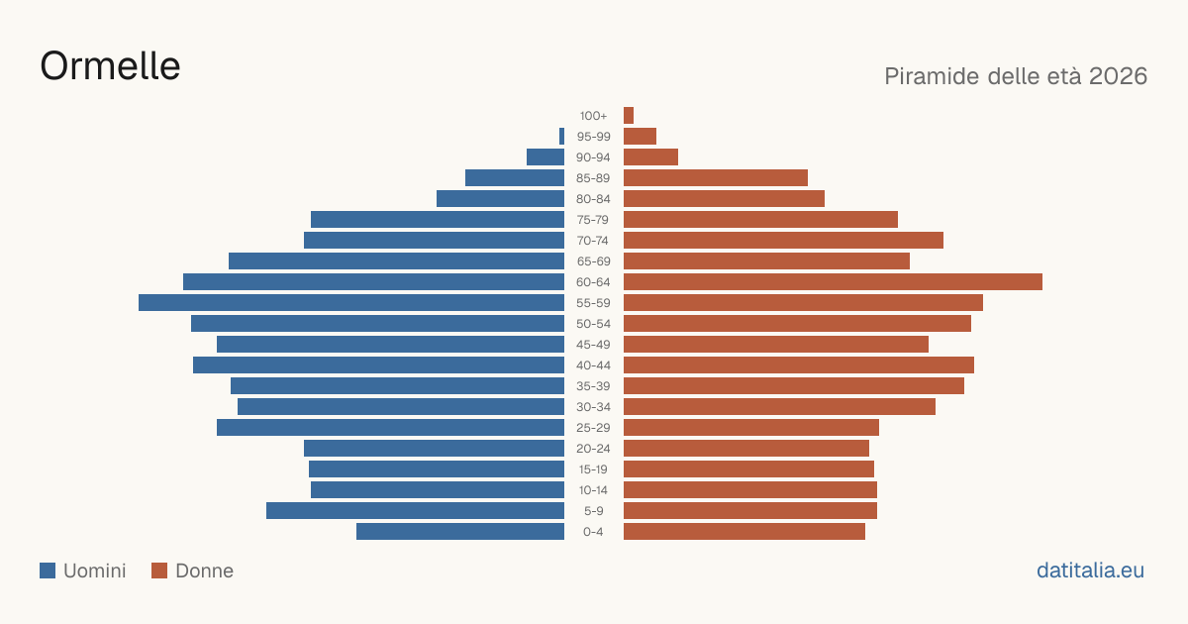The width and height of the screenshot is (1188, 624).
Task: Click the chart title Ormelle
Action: (x=110, y=66)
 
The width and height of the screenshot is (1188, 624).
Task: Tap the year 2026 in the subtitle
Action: (x=1118, y=76)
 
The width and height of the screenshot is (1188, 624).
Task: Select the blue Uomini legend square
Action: (x=48, y=571)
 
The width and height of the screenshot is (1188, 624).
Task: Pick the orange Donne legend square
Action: (x=159, y=571)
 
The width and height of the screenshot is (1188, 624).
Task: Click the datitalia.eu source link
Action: (x=1090, y=571)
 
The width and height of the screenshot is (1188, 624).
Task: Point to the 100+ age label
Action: (x=593, y=116)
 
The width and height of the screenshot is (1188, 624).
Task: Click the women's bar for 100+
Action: (x=629, y=115)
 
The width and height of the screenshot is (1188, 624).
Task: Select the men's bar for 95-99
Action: (x=561, y=137)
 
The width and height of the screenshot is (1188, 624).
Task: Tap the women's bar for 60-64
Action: (x=833, y=281)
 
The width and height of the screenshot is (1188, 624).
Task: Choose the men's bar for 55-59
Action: (x=351, y=302)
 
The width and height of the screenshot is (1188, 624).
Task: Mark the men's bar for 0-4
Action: (x=460, y=531)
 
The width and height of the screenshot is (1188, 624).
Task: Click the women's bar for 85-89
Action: (x=716, y=177)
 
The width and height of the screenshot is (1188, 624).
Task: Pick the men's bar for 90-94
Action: (x=545, y=157)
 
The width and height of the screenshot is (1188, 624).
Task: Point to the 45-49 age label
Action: (x=593, y=345)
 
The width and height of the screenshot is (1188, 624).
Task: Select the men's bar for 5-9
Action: (x=415, y=510)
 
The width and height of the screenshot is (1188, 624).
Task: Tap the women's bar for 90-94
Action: (x=650, y=157)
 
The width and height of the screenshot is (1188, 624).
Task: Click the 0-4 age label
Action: (x=593, y=532)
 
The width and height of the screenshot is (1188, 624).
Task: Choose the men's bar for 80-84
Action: (x=500, y=198)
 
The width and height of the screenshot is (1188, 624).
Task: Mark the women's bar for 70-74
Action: (x=783, y=241)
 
